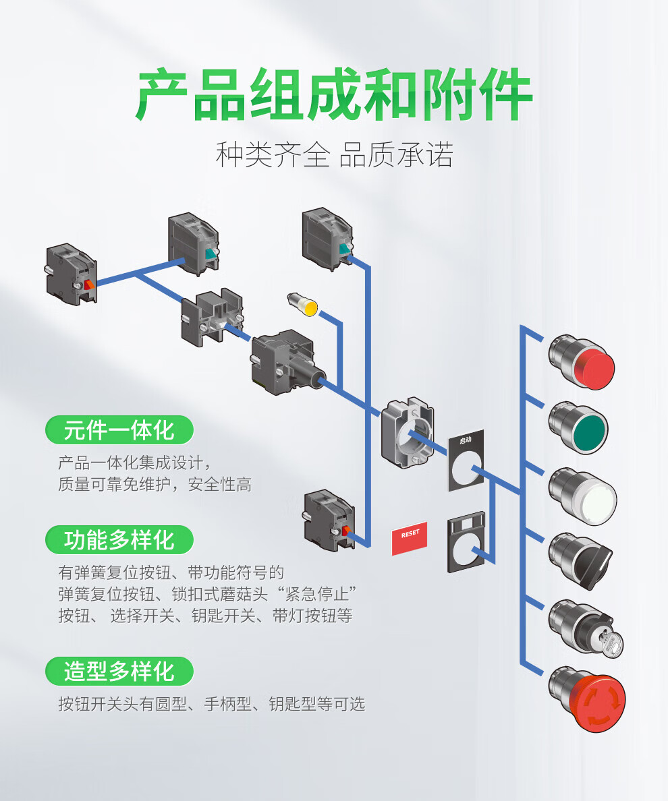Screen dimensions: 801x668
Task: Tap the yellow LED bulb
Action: [304, 304]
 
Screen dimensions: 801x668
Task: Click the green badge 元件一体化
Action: [119, 430]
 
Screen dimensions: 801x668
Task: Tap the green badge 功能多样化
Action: [119, 539]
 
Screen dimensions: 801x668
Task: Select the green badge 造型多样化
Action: [119, 672]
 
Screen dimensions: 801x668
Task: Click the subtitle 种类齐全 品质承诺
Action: [334, 154]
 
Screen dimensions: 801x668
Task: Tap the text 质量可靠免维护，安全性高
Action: [155, 484]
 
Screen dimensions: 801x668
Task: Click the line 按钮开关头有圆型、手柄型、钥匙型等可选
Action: [211, 705]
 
